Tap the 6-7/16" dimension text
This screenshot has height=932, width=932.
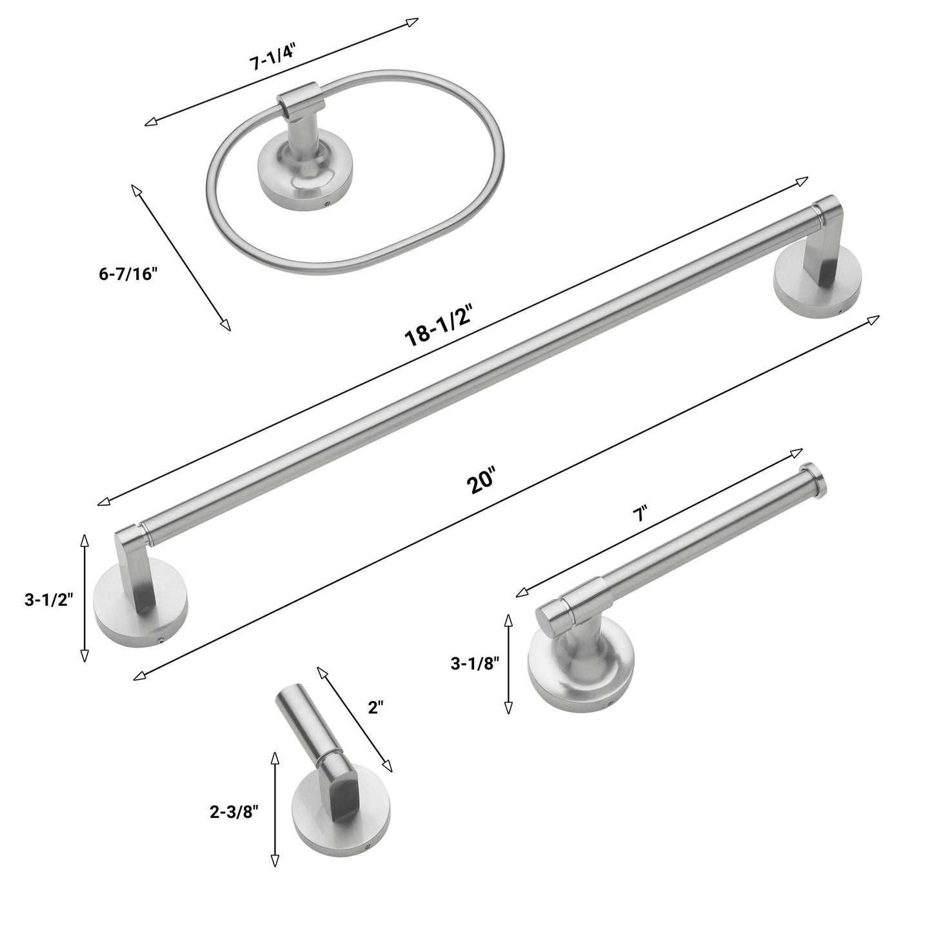point(128,273)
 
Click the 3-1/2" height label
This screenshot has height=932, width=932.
point(49,600)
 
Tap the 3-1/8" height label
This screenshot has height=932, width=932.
point(475,664)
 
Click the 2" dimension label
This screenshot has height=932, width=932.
point(375,708)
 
